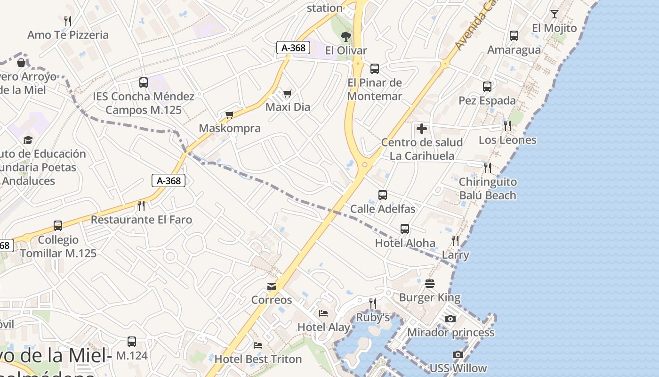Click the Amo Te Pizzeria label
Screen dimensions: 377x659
click(x=68, y=35)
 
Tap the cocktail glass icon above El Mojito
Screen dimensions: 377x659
click(x=555, y=14)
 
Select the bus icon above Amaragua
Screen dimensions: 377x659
click(x=514, y=36)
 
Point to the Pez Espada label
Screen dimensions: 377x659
click(x=487, y=100)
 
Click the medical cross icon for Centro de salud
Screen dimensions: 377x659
click(x=422, y=128)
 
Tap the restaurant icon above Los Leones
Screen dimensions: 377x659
click(x=507, y=125)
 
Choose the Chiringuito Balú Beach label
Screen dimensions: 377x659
click(x=488, y=188)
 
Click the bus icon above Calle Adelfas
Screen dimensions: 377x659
click(x=383, y=195)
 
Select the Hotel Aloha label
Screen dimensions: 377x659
click(x=405, y=243)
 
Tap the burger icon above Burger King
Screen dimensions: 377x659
click(x=430, y=284)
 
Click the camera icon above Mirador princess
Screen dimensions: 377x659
click(x=450, y=319)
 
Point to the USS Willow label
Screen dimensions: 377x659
click(x=458, y=368)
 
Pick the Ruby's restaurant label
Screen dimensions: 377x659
click(x=373, y=317)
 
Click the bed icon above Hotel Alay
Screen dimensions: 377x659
click(x=323, y=313)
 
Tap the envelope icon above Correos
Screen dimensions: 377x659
click(x=272, y=286)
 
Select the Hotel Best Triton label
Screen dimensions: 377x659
click(x=258, y=359)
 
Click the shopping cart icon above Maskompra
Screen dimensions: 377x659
click(x=230, y=115)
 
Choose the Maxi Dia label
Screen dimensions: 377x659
click(x=288, y=107)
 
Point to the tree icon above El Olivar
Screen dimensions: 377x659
click(x=346, y=36)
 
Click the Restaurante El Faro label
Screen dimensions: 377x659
click(x=141, y=220)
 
